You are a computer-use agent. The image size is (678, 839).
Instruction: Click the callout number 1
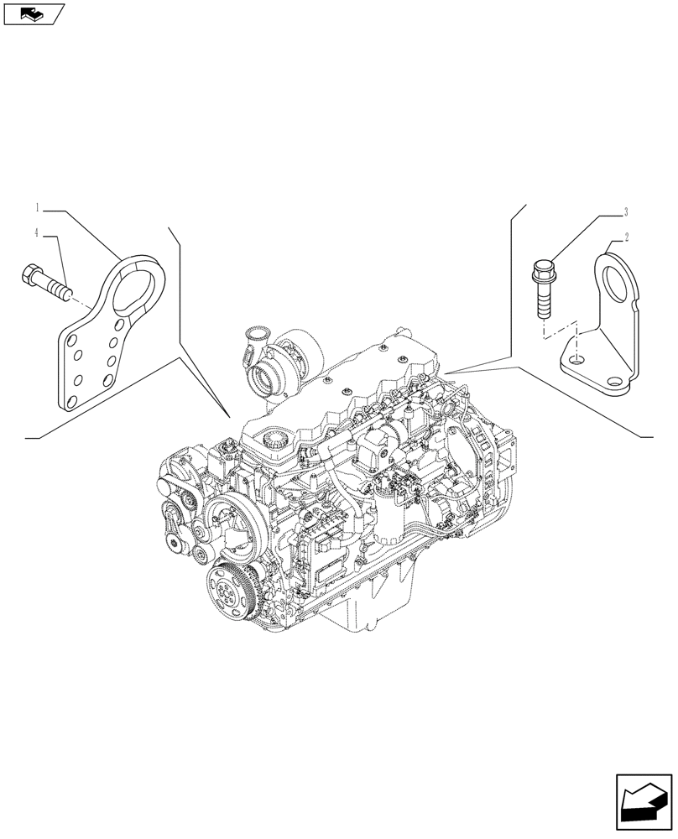(38, 206)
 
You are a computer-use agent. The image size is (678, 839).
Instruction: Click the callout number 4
(38, 232)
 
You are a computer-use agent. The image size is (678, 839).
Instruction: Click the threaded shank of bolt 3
(541, 302)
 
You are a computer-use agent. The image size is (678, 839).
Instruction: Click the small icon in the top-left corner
(34, 13)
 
